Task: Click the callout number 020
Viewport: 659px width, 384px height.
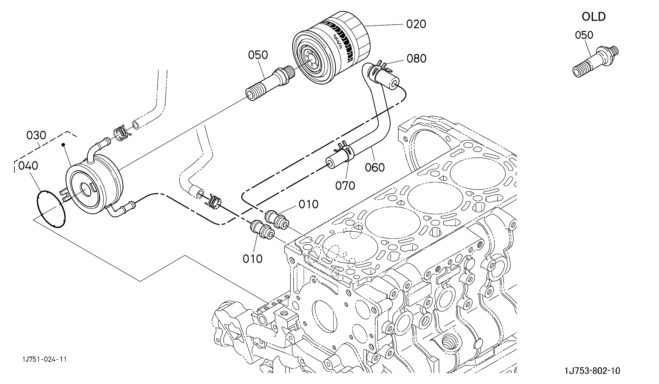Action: [x=416, y=24]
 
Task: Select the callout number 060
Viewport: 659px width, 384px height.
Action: [x=375, y=167]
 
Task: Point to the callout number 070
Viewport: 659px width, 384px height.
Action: [x=345, y=186]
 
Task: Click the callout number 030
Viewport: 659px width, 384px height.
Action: [x=36, y=136]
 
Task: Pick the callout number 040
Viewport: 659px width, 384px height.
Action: [x=28, y=166]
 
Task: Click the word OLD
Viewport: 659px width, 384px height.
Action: [x=594, y=17]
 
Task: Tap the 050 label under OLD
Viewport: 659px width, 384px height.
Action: [x=584, y=35]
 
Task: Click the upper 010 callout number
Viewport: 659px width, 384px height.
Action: [x=309, y=204]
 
